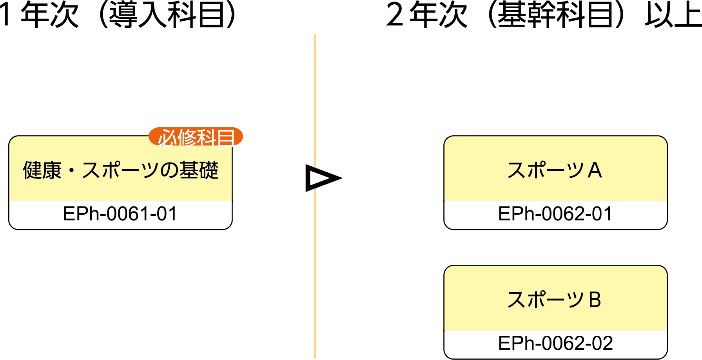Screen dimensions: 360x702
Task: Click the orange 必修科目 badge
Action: (x=196, y=137)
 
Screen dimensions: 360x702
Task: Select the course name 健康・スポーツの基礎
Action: (x=120, y=170)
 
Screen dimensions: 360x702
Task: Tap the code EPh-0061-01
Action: (x=120, y=214)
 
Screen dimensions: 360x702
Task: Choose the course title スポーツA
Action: (x=555, y=170)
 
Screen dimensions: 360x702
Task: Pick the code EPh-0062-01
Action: (x=555, y=214)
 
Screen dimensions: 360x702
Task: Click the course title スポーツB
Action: (x=554, y=300)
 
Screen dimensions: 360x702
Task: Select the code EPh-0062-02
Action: (x=555, y=344)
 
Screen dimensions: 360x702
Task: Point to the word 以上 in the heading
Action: (x=673, y=15)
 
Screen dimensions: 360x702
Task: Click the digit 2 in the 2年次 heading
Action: (x=394, y=15)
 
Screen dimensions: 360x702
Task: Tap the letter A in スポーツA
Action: (x=595, y=170)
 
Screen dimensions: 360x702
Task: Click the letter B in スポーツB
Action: (x=595, y=300)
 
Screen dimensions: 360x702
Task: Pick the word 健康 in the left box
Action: (x=42, y=170)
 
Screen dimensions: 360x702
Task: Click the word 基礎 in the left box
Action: (x=199, y=170)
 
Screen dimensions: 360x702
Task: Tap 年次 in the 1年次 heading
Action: (x=50, y=15)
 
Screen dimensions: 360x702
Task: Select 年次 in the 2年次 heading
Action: (x=439, y=15)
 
